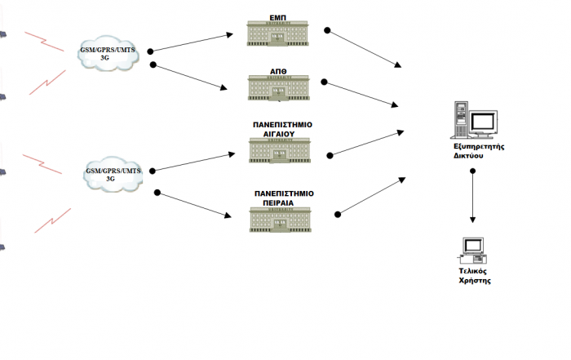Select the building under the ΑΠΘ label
(x=278, y=88)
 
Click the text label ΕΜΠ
(x=278, y=16)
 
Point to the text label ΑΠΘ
(x=278, y=71)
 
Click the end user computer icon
(x=473, y=248)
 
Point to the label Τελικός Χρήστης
(x=473, y=274)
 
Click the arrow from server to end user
(x=473, y=196)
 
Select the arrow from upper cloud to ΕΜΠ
(x=192, y=43)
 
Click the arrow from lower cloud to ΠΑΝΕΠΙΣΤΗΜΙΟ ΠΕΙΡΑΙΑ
(x=191, y=205)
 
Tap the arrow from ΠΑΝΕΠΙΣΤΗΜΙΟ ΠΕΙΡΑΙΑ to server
(x=371, y=195)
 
